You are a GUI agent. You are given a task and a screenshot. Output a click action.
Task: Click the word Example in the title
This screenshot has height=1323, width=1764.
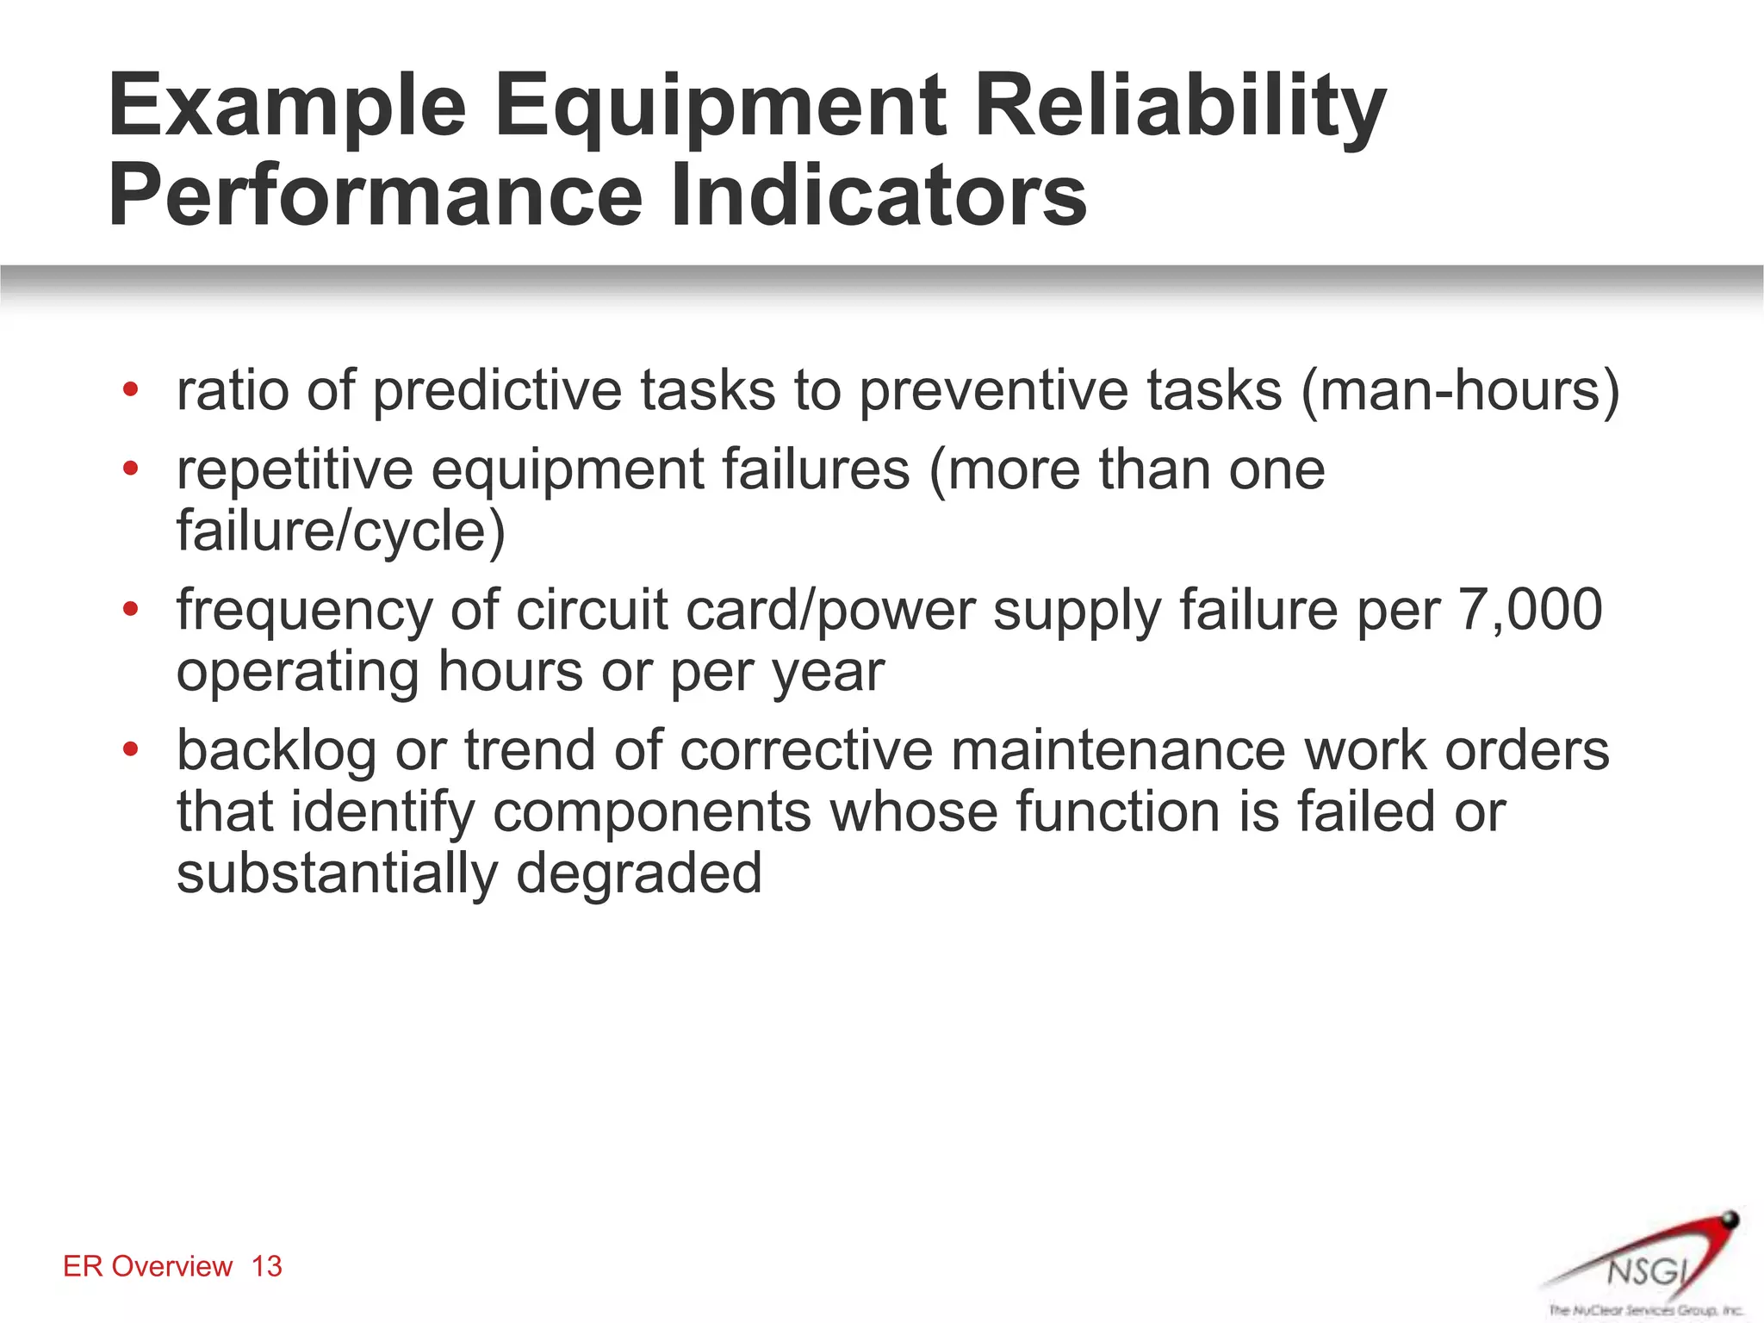tap(287, 107)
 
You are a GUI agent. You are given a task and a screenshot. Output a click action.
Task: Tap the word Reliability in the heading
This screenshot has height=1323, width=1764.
tap(1180, 107)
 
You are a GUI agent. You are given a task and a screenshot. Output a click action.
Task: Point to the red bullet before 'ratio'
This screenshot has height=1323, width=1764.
tap(131, 389)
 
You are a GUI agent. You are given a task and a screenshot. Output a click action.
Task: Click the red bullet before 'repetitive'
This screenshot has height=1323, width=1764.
tap(131, 469)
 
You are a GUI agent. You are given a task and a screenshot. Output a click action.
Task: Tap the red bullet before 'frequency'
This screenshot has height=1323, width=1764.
tap(131, 610)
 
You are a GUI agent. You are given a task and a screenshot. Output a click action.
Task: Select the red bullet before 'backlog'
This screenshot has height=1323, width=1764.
tap(131, 749)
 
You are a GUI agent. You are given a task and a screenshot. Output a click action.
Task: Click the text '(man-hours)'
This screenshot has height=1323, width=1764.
tap(1460, 390)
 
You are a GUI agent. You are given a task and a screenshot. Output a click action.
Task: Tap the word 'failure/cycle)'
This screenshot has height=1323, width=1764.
tap(341, 531)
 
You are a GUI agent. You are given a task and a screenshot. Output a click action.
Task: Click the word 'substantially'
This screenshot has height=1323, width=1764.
tap(337, 873)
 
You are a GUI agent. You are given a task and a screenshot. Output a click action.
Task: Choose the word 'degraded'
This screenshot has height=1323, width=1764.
tap(639, 873)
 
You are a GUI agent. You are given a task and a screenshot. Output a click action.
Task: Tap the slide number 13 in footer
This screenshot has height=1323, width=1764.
tap(267, 1266)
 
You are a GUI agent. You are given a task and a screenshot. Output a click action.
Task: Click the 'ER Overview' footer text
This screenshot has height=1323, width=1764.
tap(148, 1266)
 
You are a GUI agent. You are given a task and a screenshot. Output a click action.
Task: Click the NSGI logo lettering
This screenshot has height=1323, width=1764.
tap(1646, 1270)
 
